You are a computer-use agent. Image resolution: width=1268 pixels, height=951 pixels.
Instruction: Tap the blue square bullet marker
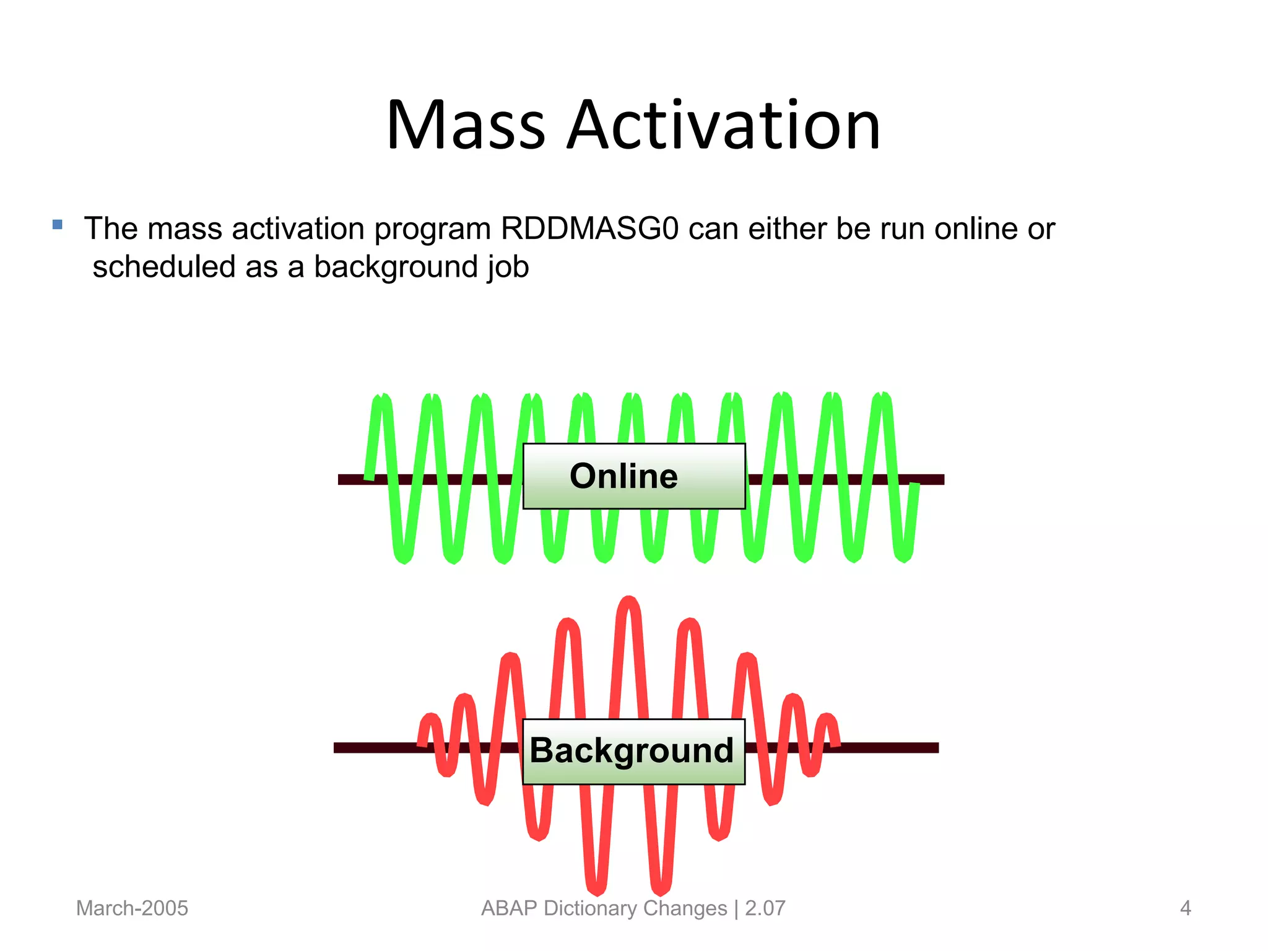(58, 225)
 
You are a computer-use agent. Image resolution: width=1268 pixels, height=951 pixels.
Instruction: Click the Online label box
(633, 476)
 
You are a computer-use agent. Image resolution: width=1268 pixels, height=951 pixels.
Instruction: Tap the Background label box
(633, 751)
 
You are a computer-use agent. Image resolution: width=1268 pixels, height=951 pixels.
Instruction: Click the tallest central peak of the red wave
(629, 604)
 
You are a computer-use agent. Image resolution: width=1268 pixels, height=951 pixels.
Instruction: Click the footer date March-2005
(132, 908)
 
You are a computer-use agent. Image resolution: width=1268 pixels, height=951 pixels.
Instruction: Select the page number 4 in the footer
(1185, 908)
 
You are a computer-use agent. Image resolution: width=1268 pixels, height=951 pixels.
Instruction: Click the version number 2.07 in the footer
(765, 908)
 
